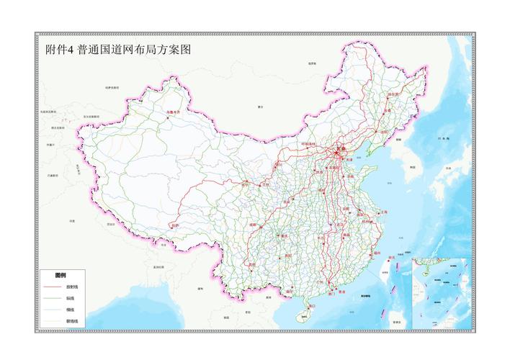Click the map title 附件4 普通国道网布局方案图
click(115, 50)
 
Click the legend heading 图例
click(61, 275)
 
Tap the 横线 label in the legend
click(72, 309)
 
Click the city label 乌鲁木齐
click(171, 112)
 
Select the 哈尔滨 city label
click(393, 94)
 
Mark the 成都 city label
click(253, 224)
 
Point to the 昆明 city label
click(251, 264)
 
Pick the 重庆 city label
click(284, 235)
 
